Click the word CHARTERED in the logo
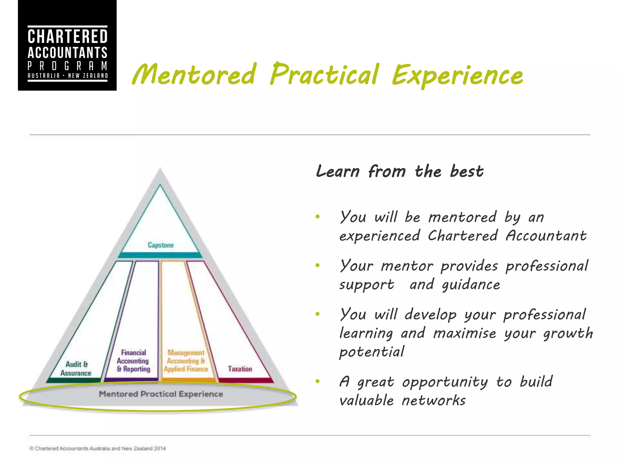point(68,37)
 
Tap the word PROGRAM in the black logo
point(68,66)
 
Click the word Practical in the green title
point(325,75)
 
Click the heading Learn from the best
point(400,171)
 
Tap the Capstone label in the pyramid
point(161,245)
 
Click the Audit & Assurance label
point(76,368)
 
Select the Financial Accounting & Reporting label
point(133,361)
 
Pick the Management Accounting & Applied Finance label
point(186,361)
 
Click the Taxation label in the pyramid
point(240,369)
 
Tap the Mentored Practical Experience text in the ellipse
point(161,394)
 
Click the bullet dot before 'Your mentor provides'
point(317,265)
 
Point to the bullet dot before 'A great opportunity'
point(317,381)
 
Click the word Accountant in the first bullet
point(546,236)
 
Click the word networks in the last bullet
point(434,401)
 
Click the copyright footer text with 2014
point(97,448)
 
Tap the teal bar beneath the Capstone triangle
point(160,255)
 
